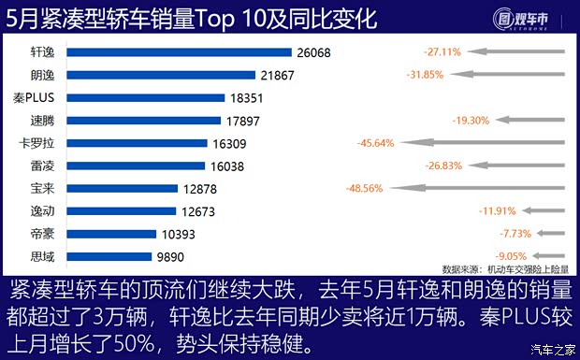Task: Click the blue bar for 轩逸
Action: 171,51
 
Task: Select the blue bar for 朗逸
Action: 153,75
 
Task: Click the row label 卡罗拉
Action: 29,143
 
